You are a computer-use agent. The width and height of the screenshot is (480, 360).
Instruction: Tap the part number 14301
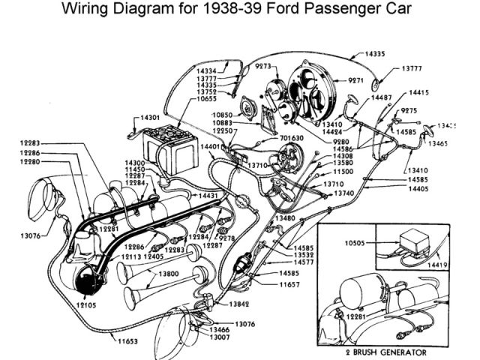(149, 118)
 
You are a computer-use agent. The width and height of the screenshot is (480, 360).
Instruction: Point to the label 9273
(261, 66)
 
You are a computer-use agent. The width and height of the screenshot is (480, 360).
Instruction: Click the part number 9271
(355, 79)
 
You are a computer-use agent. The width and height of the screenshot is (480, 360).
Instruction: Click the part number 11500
(343, 172)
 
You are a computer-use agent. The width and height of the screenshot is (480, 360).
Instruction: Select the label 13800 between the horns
(168, 274)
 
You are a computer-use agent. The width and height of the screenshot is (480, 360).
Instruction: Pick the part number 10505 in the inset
(355, 242)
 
